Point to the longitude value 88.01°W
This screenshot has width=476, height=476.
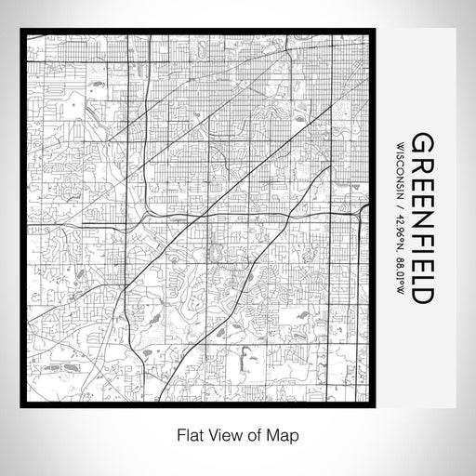[x=400, y=271]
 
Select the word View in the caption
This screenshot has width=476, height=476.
[x=222, y=433]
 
